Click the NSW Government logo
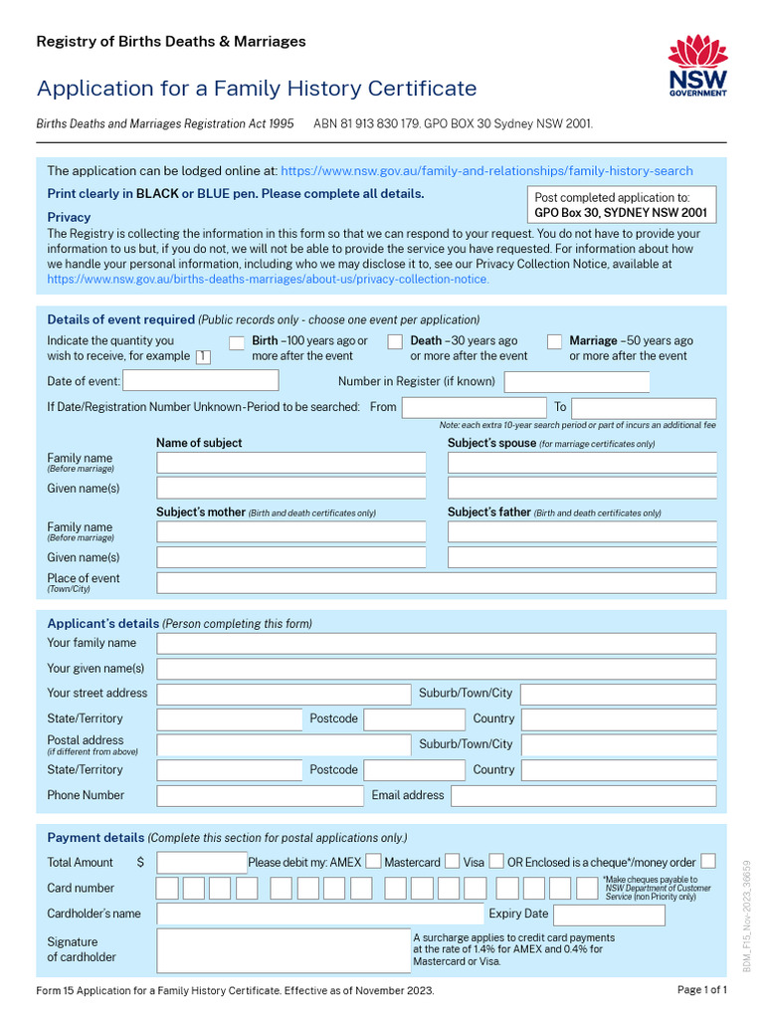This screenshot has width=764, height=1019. (697, 66)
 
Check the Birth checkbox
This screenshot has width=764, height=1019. (237, 342)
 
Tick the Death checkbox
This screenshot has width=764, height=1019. (395, 342)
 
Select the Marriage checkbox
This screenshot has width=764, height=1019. (554, 342)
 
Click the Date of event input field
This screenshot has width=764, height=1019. (201, 381)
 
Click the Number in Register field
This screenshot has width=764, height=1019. (577, 381)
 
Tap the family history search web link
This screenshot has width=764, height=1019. (486, 171)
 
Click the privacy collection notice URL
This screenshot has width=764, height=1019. (269, 280)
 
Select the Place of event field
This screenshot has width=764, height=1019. (436, 583)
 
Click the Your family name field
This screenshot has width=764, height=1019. (436, 643)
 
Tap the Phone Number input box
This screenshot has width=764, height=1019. (260, 795)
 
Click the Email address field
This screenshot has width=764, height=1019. (583, 795)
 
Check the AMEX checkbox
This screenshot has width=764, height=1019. (373, 861)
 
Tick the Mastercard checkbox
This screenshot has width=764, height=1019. (452, 861)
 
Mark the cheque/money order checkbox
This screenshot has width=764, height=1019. (708, 861)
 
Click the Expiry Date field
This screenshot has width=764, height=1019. (609, 914)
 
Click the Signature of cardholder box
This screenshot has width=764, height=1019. (284, 950)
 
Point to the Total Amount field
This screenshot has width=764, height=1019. (201, 862)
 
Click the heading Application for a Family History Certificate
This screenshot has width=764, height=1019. (257, 89)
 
